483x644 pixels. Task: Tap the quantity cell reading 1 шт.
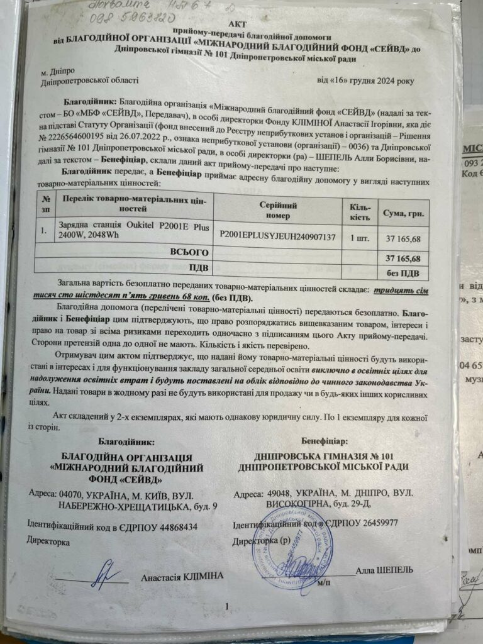point(360,237)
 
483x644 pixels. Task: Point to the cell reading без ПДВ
point(406,272)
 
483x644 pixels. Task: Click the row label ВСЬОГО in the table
point(189,252)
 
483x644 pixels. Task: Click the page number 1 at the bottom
point(227,606)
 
